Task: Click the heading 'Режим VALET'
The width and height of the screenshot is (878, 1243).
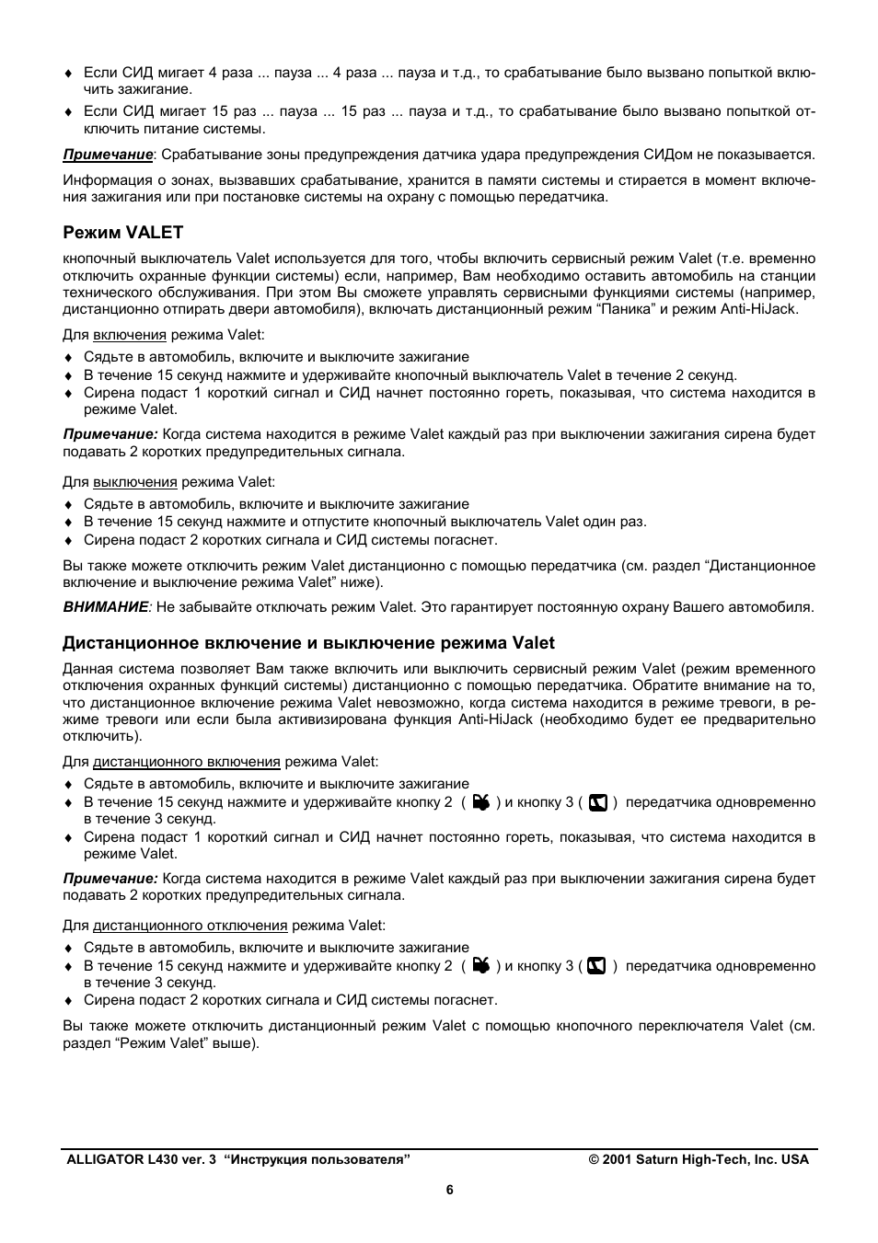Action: pyautogui.click(x=122, y=232)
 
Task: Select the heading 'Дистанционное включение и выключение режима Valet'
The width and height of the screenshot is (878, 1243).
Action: pyautogui.click(x=308, y=642)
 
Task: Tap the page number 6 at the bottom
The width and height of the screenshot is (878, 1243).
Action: pyautogui.click(x=450, y=1190)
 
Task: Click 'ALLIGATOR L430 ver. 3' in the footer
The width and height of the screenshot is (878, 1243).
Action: pyautogui.click(x=141, y=1159)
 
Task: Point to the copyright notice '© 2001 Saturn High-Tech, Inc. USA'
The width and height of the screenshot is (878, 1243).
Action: pyautogui.click(x=699, y=1159)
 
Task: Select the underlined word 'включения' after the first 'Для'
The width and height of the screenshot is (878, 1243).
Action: pyautogui.click(x=130, y=335)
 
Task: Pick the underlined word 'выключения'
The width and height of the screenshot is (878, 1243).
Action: pyautogui.click(x=134, y=481)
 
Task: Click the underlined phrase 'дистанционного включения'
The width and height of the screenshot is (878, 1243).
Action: pyautogui.click(x=187, y=761)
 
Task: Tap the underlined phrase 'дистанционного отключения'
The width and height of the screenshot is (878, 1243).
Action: pyautogui.click(x=191, y=925)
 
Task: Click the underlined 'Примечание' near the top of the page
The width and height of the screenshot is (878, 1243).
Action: pyautogui.click(x=107, y=155)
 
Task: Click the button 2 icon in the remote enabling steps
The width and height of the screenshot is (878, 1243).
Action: pyautogui.click(x=480, y=802)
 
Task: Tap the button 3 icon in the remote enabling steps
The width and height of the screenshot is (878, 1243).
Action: pyautogui.click(x=597, y=802)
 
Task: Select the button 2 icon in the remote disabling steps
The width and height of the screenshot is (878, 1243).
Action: pyautogui.click(x=480, y=966)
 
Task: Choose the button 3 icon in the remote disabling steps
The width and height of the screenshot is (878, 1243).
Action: pyautogui.click(x=596, y=966)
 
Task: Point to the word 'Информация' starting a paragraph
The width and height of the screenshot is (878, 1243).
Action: pyautogui.click(x=101, y=180)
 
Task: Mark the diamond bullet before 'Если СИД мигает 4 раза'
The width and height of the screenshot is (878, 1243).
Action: pyautogui.click(x=67, y=74)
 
